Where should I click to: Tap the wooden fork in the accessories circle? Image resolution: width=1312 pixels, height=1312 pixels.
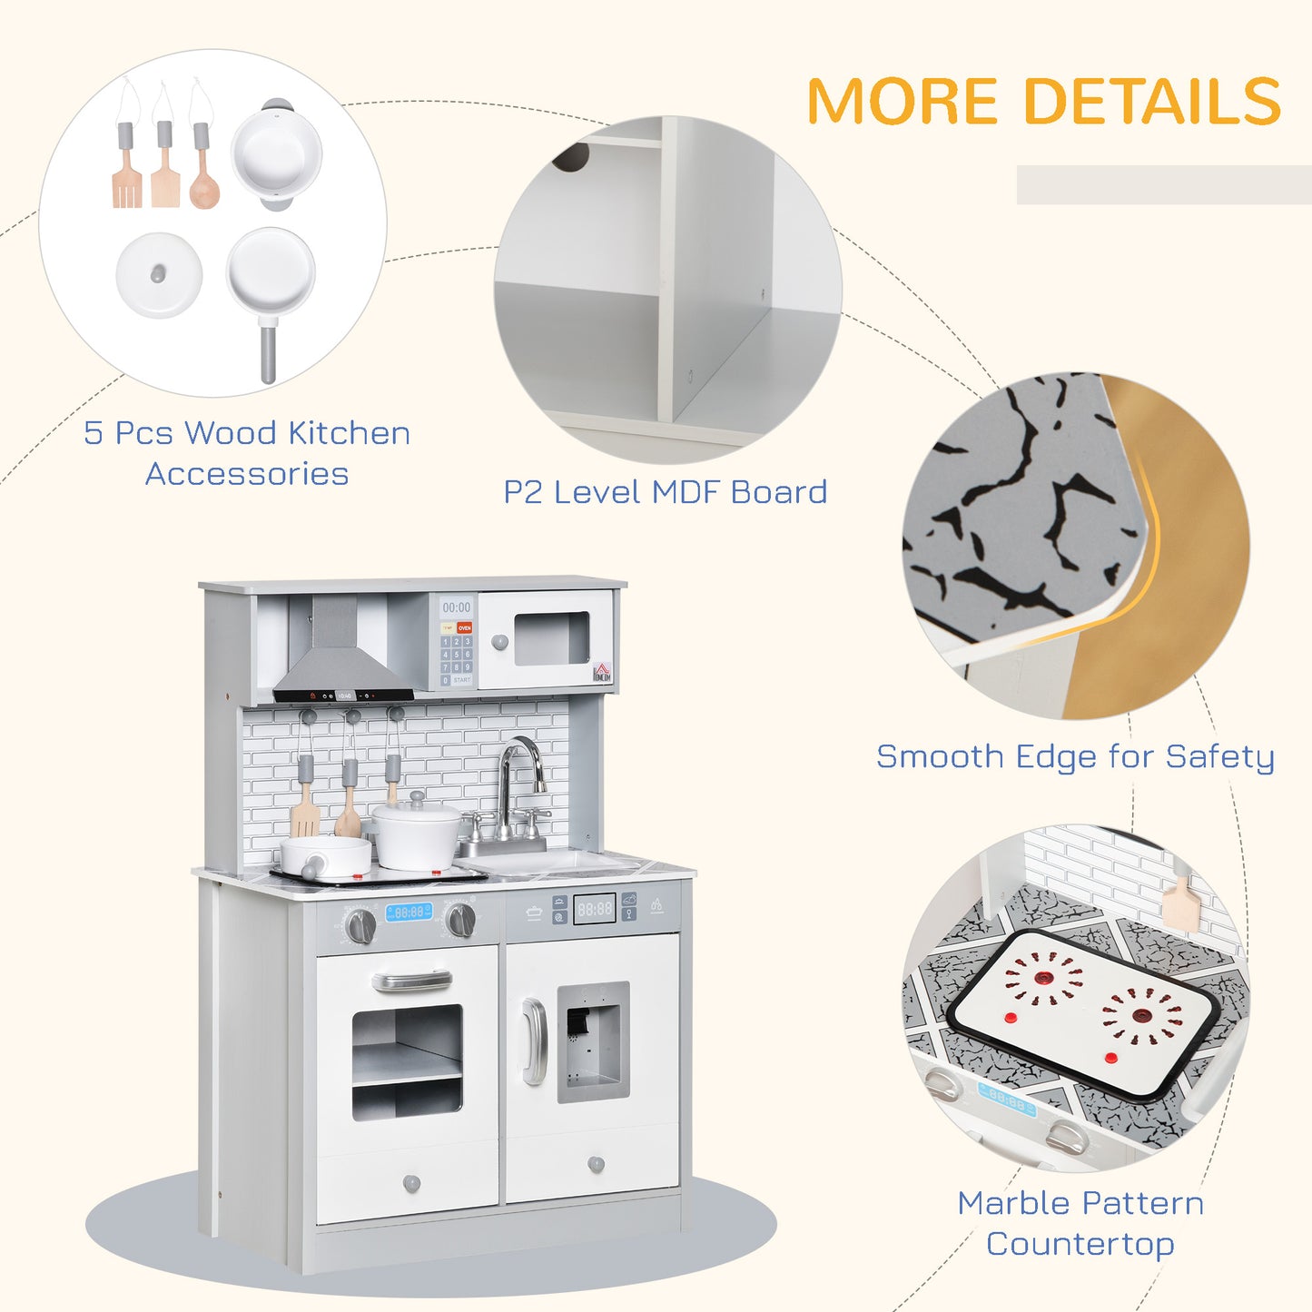[x=126, y=182]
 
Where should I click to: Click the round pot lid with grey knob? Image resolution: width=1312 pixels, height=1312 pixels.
[x=159, y=274]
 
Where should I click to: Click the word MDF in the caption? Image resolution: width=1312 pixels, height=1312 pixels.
[x=687, y=492]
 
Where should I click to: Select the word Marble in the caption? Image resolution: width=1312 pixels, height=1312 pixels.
[x=1011, y=1203]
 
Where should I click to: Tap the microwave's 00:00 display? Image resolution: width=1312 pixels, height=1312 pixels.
[x=456, y=607]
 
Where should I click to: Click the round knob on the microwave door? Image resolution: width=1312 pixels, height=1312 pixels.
[x=499, y=642]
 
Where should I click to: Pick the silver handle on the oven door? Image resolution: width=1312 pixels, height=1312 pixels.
[x=411, y=981]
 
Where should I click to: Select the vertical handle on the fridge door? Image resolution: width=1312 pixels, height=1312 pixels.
[x=534, y=1041]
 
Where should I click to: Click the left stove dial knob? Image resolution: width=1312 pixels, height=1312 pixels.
[x=360, y=925]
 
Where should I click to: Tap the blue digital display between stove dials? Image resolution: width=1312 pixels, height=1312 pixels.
[x=409, y=912]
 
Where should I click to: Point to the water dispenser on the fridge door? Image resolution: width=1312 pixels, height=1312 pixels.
[x=592, y=1041]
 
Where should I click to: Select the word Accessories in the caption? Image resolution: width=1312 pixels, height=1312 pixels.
[x=247, y=474]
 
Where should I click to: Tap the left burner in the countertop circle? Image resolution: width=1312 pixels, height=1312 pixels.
[x=1045, y=979]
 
